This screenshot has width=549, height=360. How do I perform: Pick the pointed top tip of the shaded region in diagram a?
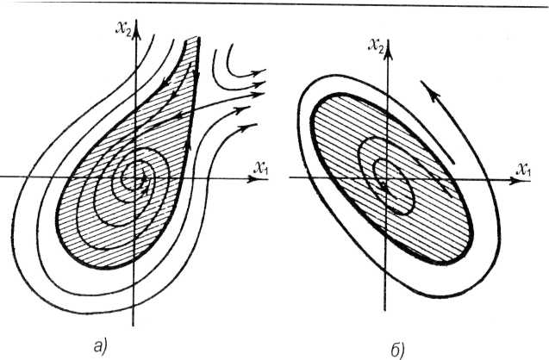point(197,38)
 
